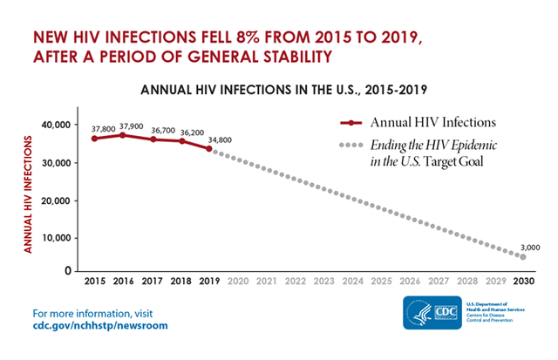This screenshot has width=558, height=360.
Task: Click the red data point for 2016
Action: coord(123,135)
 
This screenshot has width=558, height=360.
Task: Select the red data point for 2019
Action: coord(209,148)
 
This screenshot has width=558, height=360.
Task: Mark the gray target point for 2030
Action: coord(523,257)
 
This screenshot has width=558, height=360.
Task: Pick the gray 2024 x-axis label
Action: coord(351,282)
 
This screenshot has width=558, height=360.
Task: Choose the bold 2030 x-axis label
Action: coord(522,282)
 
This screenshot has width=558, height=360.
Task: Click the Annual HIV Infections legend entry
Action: coord(418,122)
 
